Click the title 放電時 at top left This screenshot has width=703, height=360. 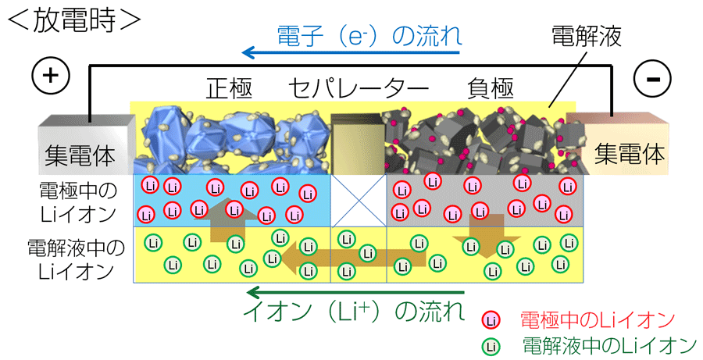coord(74,20)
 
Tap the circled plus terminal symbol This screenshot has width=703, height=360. coord(51,75)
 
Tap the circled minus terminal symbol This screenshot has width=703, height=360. coord(652,78)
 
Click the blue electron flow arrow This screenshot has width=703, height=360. coord(351,53)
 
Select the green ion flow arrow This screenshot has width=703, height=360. coord(355,294)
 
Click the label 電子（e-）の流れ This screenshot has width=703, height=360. coord(369,35)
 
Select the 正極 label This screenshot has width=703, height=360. coord(229,88)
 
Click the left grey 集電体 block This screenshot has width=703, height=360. coord(87,144)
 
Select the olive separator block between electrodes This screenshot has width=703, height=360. coord(358,144)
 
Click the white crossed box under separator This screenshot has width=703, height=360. coord(359,201)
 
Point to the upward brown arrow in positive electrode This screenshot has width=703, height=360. coord(227,219)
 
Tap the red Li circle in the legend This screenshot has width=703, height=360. coord(491,320)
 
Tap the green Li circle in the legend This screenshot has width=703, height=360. coord(491,346)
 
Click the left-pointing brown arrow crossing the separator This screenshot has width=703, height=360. coord(352,258)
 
